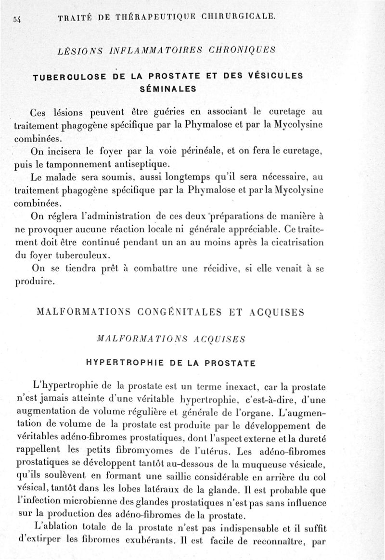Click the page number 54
tap(16, 19)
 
